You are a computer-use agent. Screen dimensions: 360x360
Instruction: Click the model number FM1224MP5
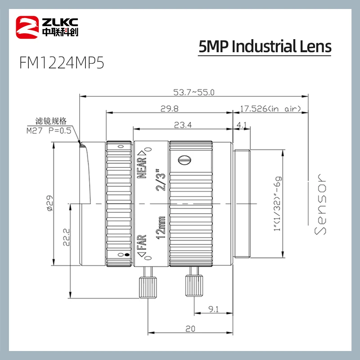[62, 63]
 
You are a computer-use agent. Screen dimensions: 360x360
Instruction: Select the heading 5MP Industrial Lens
[265, 46]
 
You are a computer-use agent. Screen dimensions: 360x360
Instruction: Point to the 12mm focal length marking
[160, 227]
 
